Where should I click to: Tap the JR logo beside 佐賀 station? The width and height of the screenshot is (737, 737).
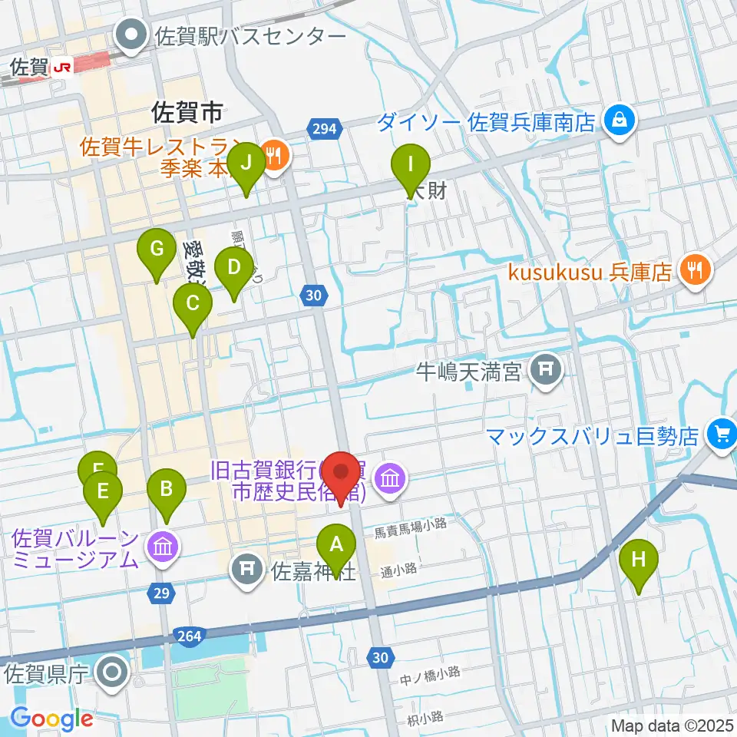tap(62, 68)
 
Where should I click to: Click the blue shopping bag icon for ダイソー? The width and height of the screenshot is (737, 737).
tap(616, 120)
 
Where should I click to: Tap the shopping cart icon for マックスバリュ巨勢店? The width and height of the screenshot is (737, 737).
tap(721, 435)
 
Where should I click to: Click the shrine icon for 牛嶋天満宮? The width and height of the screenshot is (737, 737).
tap(546, 372)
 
